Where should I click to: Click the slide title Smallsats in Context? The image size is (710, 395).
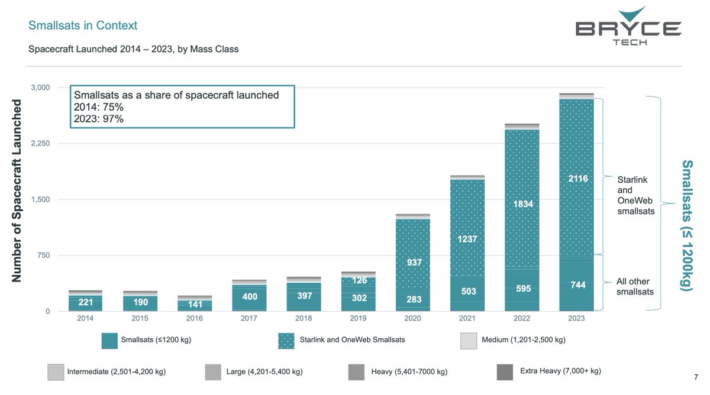[x=83, y=25]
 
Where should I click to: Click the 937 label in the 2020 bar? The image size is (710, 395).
[x=414, y=262]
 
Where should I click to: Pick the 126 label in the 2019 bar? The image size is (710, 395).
[x=359, y=280]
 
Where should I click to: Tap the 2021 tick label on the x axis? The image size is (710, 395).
[x=467, y=318]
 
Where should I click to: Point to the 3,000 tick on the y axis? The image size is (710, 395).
[x=40, y=88]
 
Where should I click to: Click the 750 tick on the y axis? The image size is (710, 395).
[x=43, y=255]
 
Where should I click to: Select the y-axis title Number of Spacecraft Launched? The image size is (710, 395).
[x=17, y=190]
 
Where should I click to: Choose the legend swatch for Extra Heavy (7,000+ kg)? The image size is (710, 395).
[x=505, y=372]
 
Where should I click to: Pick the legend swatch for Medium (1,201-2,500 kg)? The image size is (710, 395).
[x=467, y=341]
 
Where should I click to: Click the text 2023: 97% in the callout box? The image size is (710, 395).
[x=98, y=119]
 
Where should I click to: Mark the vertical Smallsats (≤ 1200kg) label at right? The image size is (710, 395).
[x=687, y=225]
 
